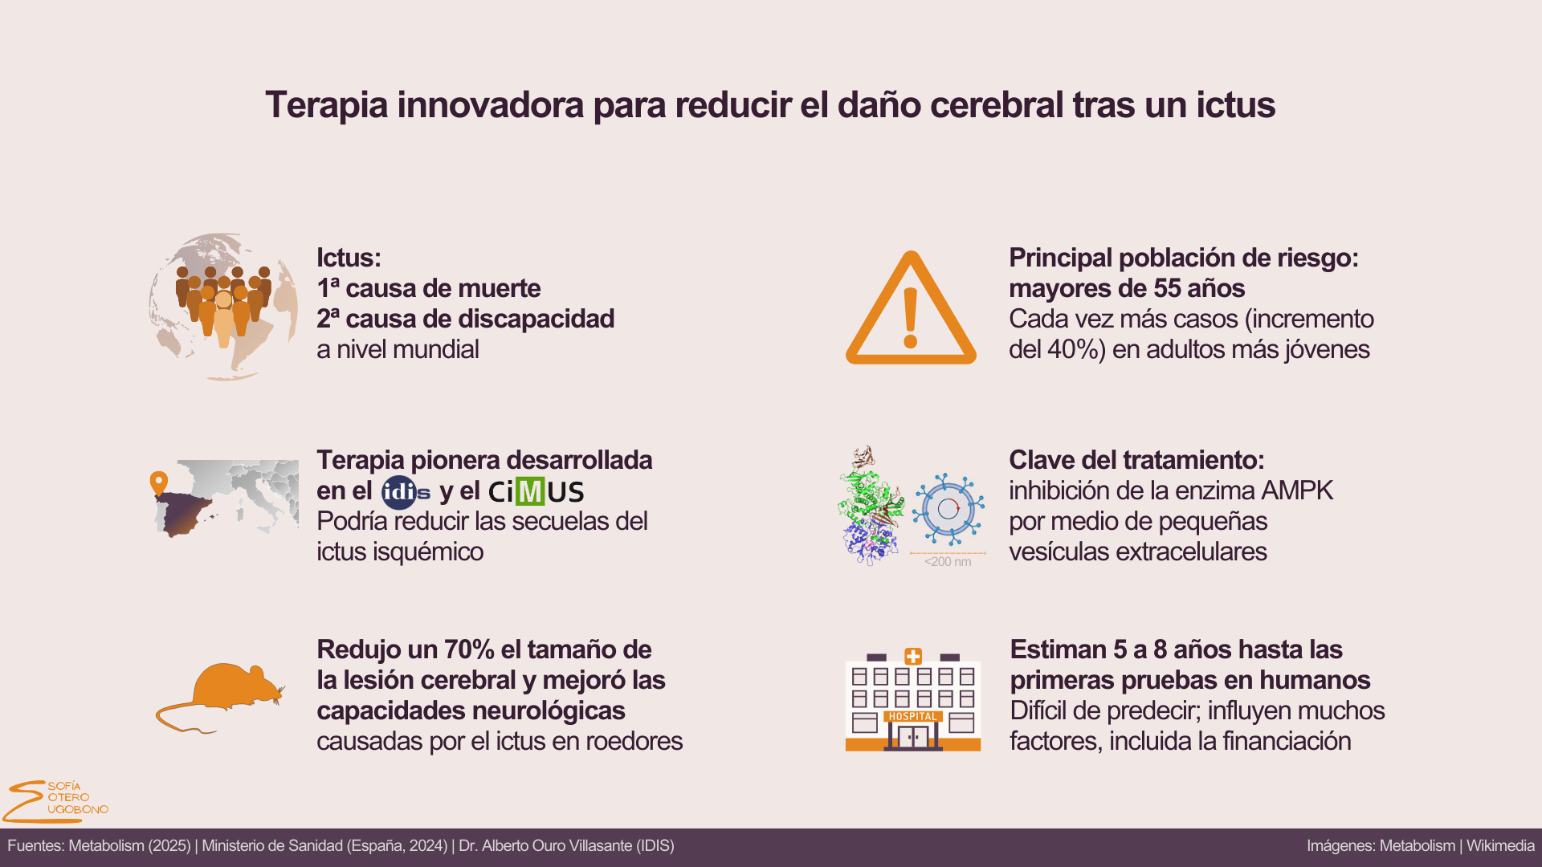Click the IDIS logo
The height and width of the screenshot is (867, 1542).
point(406,492)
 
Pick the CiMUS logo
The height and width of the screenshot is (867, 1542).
point(536,491)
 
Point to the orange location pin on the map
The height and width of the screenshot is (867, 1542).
point(159,483)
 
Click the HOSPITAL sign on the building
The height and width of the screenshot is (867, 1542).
point(912,717)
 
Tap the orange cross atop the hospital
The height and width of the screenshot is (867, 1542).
point(913,657)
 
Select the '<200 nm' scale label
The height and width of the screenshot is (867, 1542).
point(948,562)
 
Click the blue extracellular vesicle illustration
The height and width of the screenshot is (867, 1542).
point(948,509)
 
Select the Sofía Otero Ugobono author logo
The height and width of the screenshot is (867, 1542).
point(55,801)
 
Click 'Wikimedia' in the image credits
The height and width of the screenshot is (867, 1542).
point(1500,846)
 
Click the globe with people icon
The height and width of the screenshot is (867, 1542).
point(223,307)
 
